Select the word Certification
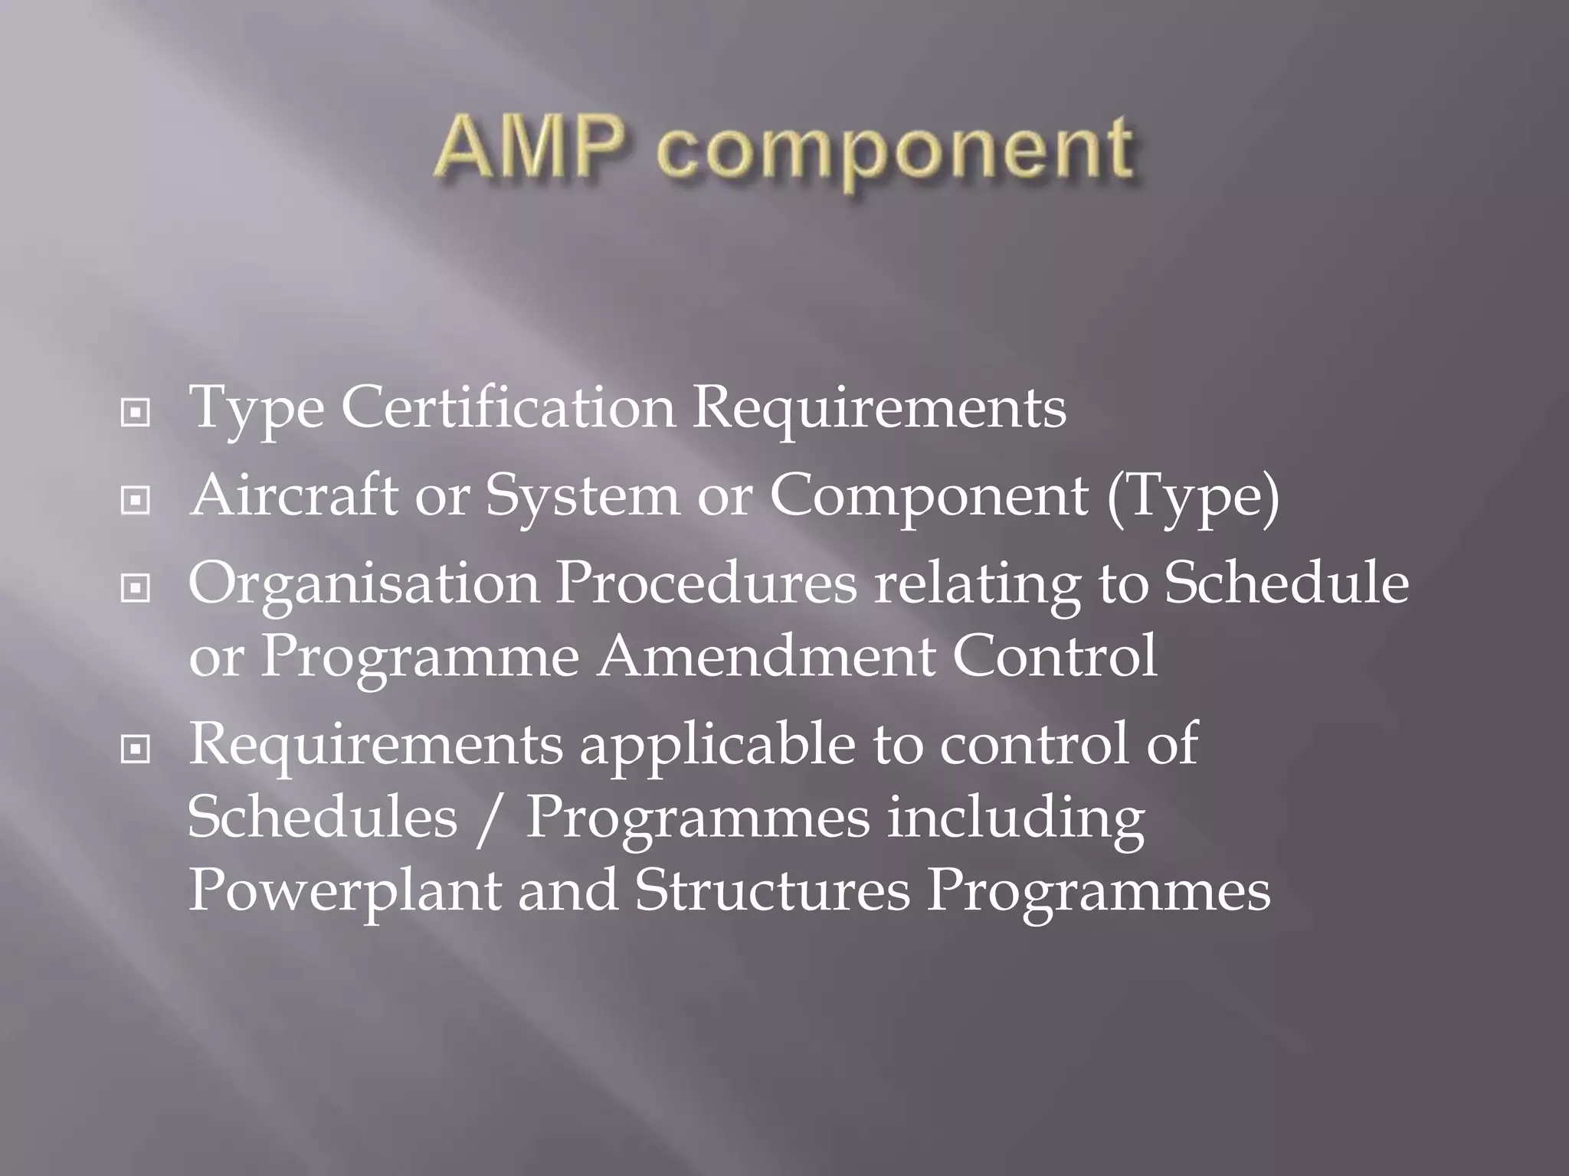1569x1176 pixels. point(508,407)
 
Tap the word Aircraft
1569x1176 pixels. point(293,495)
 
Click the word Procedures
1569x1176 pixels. point(706,583)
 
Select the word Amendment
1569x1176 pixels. point(765,656)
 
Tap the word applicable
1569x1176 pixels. point(717,746)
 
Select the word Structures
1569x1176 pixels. point(772,890)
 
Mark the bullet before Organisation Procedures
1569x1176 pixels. point(136,589)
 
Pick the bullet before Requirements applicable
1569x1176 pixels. point(136,750)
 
